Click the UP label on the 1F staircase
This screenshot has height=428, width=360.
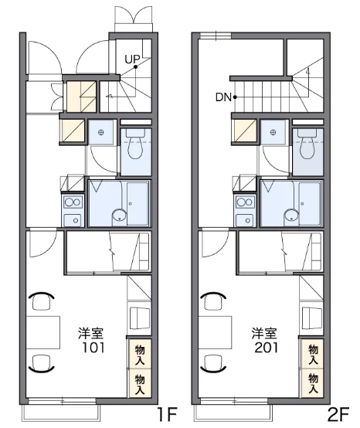[132, 59]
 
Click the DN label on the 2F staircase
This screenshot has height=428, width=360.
[223, 97]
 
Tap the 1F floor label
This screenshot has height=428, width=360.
[168, 414]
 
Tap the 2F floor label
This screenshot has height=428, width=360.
[338, 414]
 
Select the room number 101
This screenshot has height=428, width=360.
[93, 348]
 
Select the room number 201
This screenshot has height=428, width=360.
[266, 348]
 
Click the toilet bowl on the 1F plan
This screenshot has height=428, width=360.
[136, 148]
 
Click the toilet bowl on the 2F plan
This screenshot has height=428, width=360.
[307, 148]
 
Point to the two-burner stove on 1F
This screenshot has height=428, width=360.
[73, 202]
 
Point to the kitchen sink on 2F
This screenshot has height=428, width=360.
[246, 220]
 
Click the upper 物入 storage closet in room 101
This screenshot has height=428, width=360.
[140, 355]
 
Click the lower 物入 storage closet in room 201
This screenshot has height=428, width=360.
[312, 383]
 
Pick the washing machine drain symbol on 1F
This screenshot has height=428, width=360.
[101, 132]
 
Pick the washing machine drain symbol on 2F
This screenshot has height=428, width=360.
[273, 132]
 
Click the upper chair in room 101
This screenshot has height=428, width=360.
[41, 301]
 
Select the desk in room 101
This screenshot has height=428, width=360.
[42, 332]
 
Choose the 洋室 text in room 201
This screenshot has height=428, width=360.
[264, 333]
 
